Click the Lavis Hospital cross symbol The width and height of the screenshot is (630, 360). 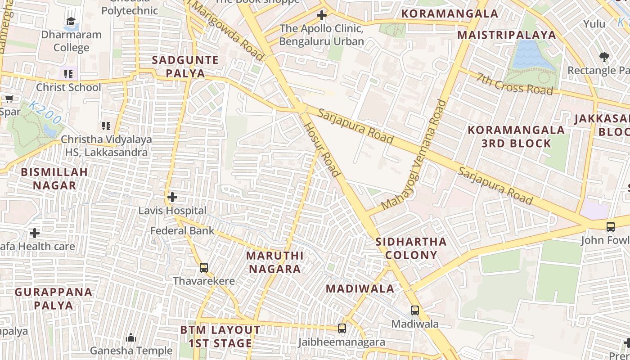(172, 197)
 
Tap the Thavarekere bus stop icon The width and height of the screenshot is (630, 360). (204, 268)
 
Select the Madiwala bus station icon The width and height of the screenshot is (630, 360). (414, 310)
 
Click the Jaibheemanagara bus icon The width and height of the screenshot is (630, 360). (342, 328)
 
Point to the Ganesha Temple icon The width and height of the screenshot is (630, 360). (131, 337)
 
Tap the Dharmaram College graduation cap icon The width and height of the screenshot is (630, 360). (71, 21)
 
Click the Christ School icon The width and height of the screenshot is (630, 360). (68, 74)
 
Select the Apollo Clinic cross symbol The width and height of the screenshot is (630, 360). (321, 16)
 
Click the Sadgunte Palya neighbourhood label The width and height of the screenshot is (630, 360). (185, 67)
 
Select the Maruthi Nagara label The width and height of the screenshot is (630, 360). (274, 262)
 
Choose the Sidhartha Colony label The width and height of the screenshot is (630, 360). (411, 248)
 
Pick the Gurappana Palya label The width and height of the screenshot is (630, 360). (54, 298)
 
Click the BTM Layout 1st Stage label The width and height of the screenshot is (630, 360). (220, 337)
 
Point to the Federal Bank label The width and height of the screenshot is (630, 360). (182, 231)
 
